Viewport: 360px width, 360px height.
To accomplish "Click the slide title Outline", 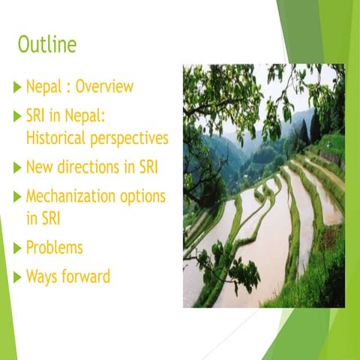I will [47, 44].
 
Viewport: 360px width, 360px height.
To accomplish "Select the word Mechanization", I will [73, 197].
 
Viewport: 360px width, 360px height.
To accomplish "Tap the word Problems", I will [55, 247].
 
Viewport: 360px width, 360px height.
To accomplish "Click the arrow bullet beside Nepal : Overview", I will [18, 87].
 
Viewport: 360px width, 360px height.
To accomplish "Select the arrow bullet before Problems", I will [18, 247].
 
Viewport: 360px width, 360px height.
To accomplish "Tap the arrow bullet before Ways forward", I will [18, 277].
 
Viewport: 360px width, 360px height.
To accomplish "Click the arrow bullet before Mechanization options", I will [18, 197].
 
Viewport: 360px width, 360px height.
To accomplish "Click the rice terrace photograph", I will [263, 185].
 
